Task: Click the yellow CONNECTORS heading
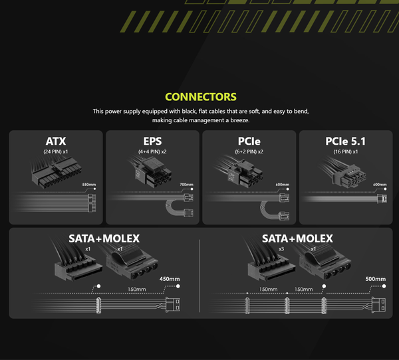coord(201,97)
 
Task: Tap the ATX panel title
coord(56,141)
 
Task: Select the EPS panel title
coord(152,141)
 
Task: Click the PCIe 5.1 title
coord(346,141)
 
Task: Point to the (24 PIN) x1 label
coord(56,152)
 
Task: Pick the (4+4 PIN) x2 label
coord(152,152)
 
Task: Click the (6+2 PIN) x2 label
coord(249,152)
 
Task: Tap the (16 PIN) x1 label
coord(346,152)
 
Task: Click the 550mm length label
coord(89,185)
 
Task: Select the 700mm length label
coord(186,185)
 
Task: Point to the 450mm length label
coord(170,279)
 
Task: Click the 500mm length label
coord(376,279)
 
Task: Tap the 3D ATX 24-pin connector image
coord(57,173)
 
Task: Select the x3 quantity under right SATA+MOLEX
coord(281,249)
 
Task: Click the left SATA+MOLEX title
coord(104,238)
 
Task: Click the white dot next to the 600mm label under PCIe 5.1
coord(385,189)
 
